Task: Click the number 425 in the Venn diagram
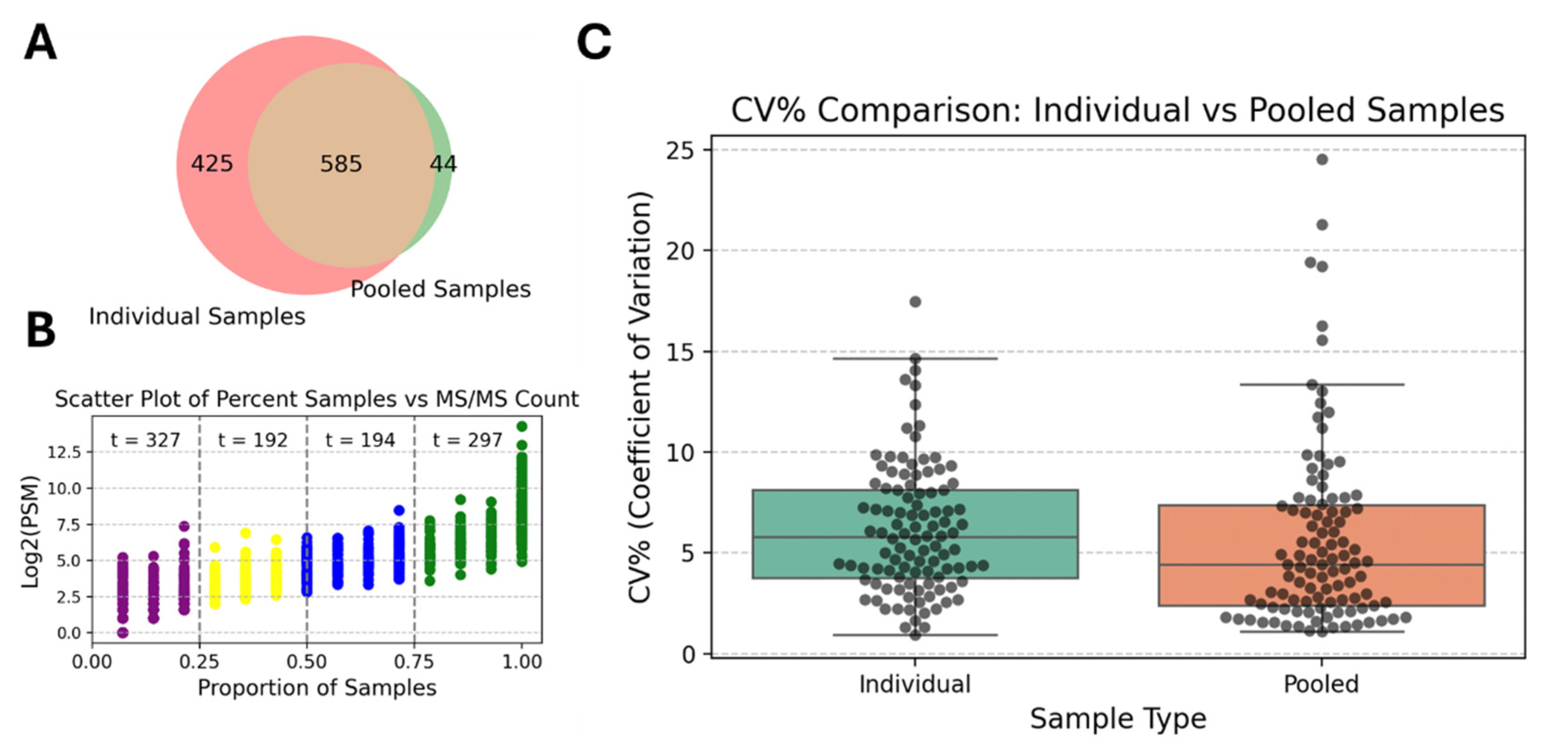tap(211, 163)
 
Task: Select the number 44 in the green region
tap(443, 163)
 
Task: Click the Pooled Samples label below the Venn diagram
tap(440, 289)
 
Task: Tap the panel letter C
tap(593, 43)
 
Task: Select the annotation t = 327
tap(145, 440)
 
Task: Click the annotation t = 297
tap(467, 440)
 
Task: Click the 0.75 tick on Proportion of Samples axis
tap(414, 661)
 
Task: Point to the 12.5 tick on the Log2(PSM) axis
tap(64, 452)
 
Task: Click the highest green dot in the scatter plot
tap(522, 426)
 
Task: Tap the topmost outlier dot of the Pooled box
tap(1322, 159)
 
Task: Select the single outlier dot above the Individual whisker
tap(915, 301)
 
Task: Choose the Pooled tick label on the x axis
tap(1321, 684)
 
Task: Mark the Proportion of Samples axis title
tap(317, 688)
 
